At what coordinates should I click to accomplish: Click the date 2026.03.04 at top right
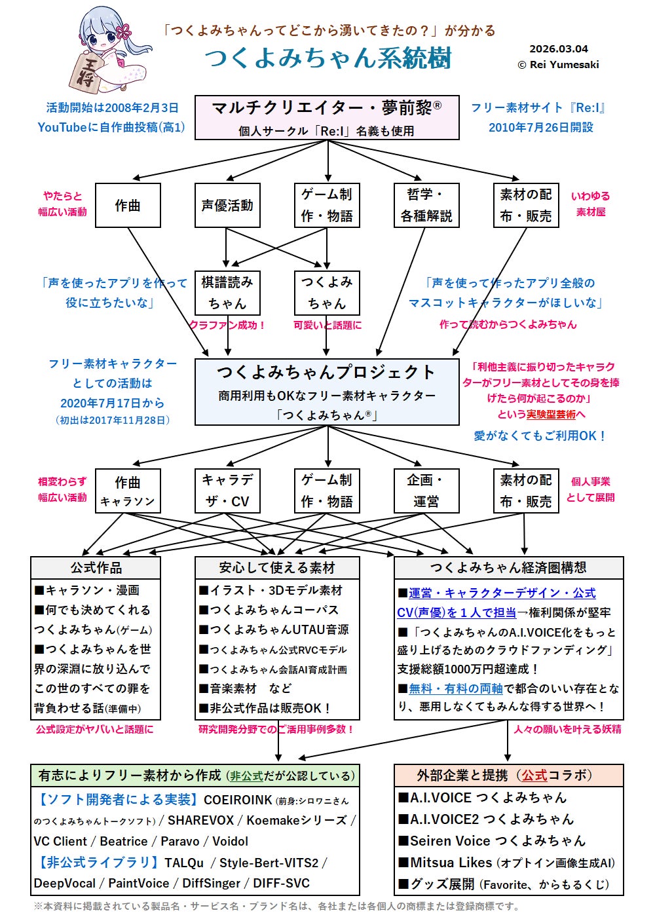tap(558, 49)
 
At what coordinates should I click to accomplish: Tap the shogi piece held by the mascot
tap(84, 72)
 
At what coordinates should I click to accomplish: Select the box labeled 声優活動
tap(227, 206)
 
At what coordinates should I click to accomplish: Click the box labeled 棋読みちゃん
tap(227, 293)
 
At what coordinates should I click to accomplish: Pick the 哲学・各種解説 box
tap(426, 206)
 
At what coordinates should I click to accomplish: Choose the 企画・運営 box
tap(426, 491)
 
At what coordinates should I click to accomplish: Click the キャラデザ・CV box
tap(227, 491)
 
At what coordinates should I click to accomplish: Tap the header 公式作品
tap(96, 568)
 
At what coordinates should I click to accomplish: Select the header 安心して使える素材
tap(277, 568)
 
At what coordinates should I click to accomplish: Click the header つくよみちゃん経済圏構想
tap(508, 568)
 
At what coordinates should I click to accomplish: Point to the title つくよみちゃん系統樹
tap(328, 58)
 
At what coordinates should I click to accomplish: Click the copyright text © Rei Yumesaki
tap(558, 65)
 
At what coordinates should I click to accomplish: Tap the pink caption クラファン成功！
tap(227, 325)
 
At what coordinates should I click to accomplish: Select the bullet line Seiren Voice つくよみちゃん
tap(497, 840)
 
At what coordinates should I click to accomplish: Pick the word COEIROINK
tap(238, 800)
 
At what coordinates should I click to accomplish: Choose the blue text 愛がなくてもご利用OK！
tap(540, 436)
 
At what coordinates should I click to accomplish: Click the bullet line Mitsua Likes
tap(506, 863)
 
